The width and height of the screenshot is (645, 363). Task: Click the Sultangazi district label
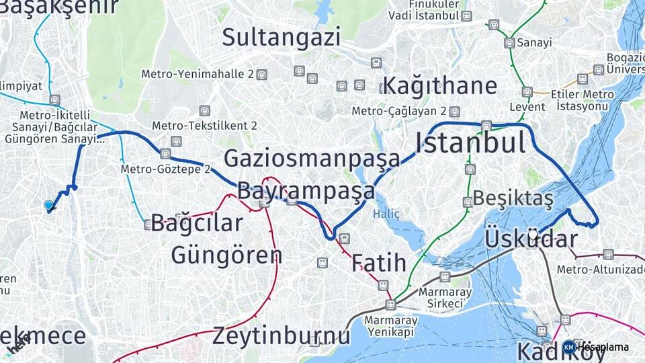pyautogui.click(x=281, y=37)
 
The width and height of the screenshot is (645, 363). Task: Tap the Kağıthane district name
pyautogui.click(x=439, y=86)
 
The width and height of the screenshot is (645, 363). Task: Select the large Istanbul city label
pyautogui.click(x=470, y=143)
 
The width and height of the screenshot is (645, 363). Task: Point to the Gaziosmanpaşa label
pyautogui.click(x=312, y=159)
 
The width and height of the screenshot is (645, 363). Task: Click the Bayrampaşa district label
pyautogui.click(x=306, y=191)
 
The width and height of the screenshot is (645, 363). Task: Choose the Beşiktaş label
pyautogui.click(x=513, y=198)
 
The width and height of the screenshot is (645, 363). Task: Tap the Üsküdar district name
pyautogui.click(x=531, y=239)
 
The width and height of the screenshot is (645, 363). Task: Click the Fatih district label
pyautogui.click(x=378, y=263)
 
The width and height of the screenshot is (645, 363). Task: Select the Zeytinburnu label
pyautogui.click(x=281, y=335)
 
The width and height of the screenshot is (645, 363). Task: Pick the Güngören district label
pyautogui.click(x=226, y=255)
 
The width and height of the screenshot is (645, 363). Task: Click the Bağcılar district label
pyautogui.click(x=196, y=223)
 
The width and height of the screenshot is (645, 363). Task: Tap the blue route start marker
pyautogui.click(x=48, y=205)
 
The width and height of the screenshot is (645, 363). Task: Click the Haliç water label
pyautogui.click(x=386, y=214)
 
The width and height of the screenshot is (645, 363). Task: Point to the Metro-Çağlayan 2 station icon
pyautogui.click(x=455, y=111)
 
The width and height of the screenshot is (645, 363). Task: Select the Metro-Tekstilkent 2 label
pyautogui.click(x=204, y=126)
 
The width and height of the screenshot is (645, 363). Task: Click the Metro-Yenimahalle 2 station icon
pyautogui.click(x=261, y=75)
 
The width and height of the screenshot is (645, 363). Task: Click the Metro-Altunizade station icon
pyautogui.click(x=608, y=254)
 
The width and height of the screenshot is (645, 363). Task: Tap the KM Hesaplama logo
pyautogui.click(x=595, y=347)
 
